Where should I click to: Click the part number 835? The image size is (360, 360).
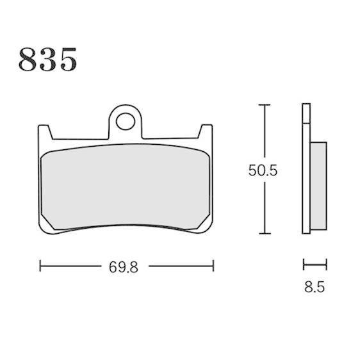pos(47,59)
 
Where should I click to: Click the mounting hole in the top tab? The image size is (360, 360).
pos(126,121)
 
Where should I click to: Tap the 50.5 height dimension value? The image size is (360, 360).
pos(263,170)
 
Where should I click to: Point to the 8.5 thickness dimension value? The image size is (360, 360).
pos(315,287)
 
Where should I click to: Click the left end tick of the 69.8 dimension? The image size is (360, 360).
pos(40,266)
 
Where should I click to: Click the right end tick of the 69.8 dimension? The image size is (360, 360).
pos(213,266)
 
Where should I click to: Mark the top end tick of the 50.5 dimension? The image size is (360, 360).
pos(265,105)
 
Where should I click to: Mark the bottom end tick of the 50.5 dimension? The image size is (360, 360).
pos(265,234)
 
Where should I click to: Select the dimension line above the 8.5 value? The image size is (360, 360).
pos(315,265)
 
